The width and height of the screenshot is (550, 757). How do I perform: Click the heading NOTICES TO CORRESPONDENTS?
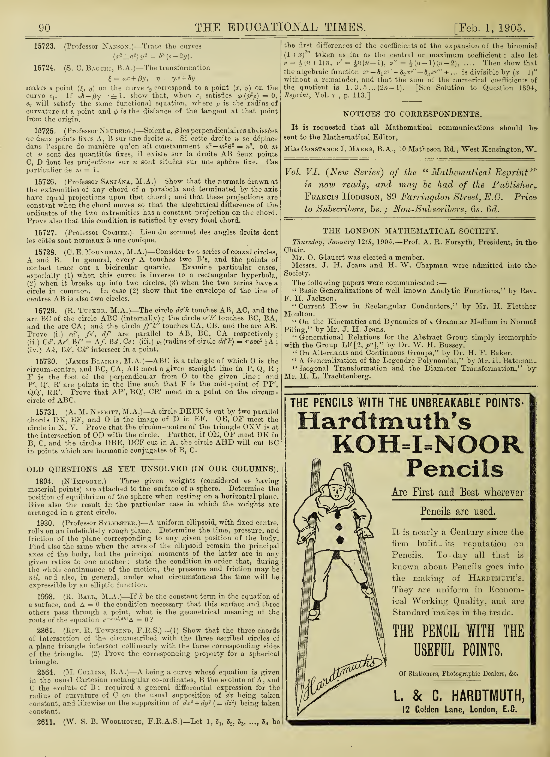click(x=412, y=114)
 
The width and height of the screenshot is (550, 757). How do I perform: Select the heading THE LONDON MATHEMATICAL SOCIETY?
click(x=410, y=231)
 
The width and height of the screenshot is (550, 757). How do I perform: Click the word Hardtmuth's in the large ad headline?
click(x=384, y=421)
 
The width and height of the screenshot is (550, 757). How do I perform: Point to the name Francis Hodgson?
click(x=342, y=196)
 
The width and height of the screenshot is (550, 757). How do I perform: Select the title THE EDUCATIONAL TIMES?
click(x=280, y=27)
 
